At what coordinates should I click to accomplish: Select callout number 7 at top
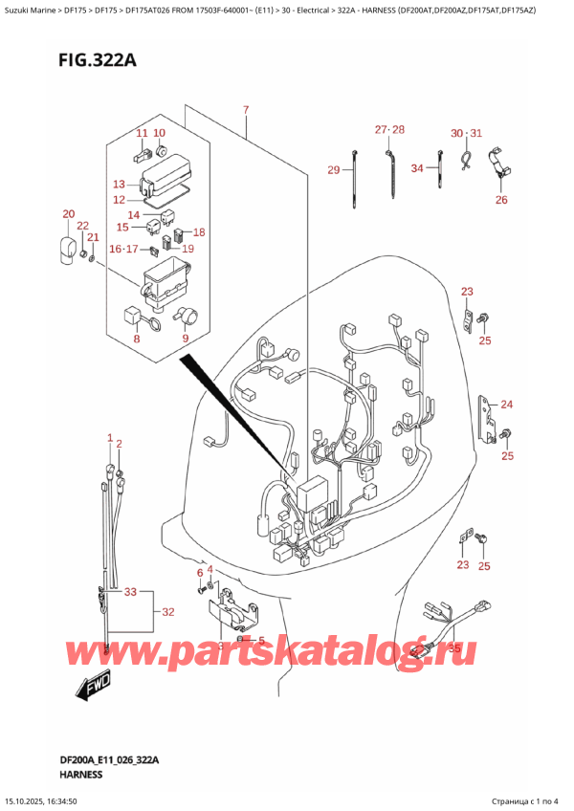(x=246, y=111)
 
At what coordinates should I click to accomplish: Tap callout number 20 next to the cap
(x=68, y=213)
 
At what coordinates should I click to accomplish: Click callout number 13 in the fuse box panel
(x=119, y=184)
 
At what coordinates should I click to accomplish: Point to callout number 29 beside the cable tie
(x=334, y=170)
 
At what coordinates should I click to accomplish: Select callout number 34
(x=417, y=169)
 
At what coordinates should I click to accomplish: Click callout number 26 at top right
(x=501, y=200)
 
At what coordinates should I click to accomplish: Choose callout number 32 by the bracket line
(x=167, y=611)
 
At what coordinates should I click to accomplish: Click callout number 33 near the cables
(x=131, y=592)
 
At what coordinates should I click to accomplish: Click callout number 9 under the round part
(x=185, y=337)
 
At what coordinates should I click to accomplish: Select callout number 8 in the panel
(x=136, y=337)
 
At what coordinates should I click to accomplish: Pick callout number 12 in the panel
(x=119, y=200)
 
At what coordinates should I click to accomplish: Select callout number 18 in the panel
(x=199, y=232)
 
